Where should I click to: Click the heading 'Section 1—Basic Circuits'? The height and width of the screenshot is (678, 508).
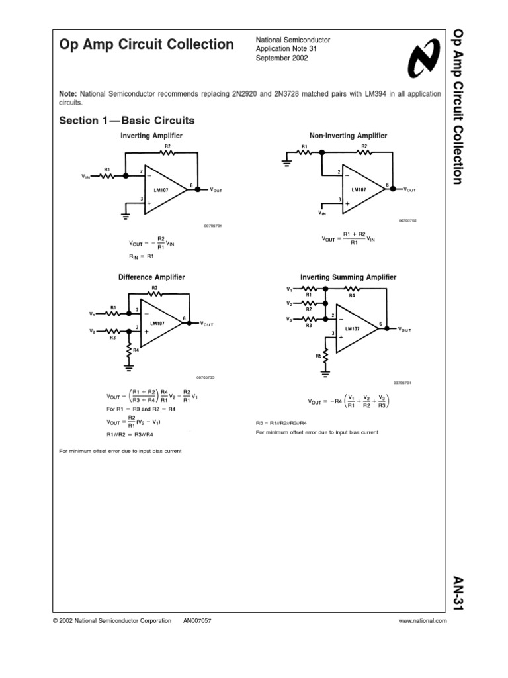(127, 121)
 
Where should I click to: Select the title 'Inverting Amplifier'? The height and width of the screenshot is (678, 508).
(151, 136)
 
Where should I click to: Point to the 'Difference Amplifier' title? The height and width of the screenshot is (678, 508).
(151, 277)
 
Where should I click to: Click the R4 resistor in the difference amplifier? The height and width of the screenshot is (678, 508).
(130, 349)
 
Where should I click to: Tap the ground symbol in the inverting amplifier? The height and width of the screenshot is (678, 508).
(125, 213)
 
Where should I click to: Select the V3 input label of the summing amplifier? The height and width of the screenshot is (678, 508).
(290, 319)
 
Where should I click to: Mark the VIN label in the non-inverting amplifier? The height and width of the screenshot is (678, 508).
(322, 213)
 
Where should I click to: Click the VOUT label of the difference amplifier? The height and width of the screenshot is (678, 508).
(206, 324)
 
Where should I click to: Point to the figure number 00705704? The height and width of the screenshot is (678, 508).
(403, 383)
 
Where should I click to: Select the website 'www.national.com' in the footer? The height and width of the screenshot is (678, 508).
(423, 621)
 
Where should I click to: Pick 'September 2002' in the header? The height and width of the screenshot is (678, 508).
(282, 58)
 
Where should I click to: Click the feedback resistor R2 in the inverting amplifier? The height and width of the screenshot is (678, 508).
(167, 152)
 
